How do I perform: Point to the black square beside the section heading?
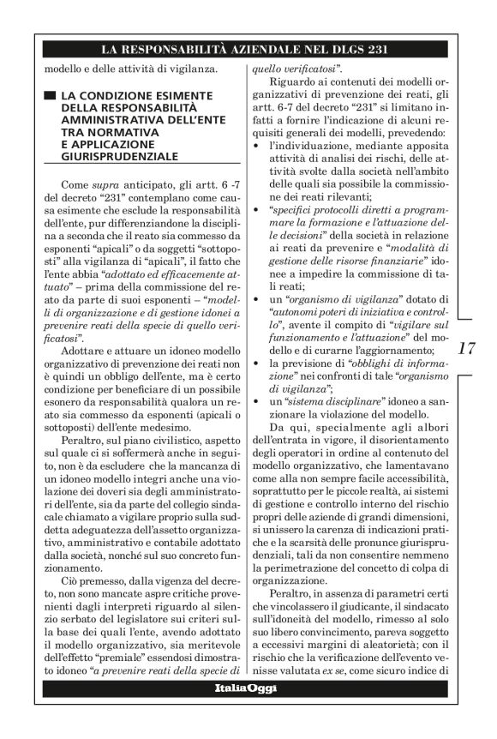(53, 93)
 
